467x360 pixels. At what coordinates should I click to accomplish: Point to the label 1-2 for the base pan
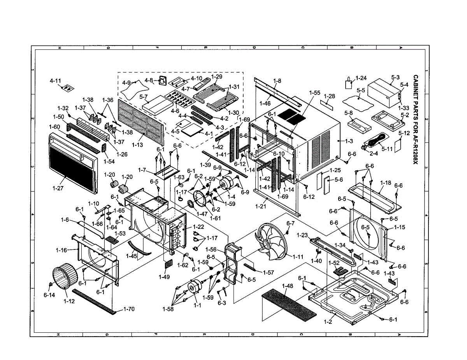pyautogui.click(x=327, y=322)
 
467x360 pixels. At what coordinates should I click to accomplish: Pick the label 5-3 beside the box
pyautogui.click(x=395, y=77)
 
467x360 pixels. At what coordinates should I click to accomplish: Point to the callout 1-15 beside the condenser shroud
pyautogui.click(x=400, y=227)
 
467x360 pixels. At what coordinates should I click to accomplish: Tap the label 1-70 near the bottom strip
pyautogui.click(x=130, y=309)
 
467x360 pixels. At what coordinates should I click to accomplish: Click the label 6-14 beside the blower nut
pyautogui.click(x=49, y=295)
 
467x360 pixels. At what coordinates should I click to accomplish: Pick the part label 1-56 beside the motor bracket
pyautogui.click(x=211, y=250)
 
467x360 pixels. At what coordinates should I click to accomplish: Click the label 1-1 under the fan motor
pyautogui.click(x=198, y=305)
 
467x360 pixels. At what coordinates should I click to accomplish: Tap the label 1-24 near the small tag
pyautogui.click(x=361, y=78)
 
